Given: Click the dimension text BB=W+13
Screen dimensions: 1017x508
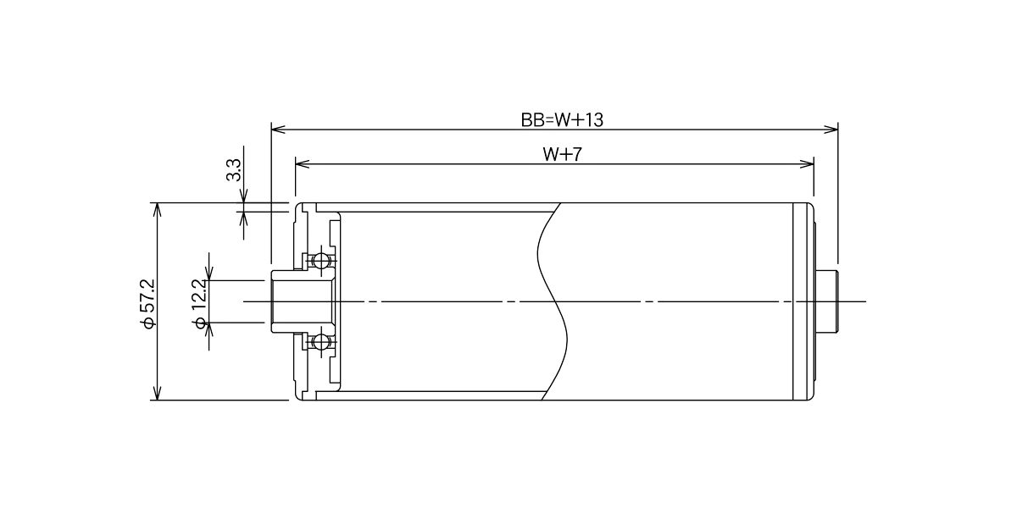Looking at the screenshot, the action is point(562,120).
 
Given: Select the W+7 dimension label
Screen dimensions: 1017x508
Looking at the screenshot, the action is point(562,155).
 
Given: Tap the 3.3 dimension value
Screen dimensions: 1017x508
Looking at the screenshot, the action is point(234,170).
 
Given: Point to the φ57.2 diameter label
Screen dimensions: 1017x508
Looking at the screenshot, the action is point(148,304).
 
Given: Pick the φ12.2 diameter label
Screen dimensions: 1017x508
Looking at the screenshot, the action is point(200,304).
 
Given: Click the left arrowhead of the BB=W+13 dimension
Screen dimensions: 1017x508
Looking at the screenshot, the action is point(278,130).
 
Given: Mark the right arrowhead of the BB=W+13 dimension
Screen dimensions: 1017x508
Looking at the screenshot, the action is point(831,130).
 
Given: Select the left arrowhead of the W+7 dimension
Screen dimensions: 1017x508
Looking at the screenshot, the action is point(302,164).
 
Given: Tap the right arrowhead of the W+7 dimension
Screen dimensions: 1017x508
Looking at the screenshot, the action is point(807,164).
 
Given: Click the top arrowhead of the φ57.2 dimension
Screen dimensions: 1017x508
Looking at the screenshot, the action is point(157,210).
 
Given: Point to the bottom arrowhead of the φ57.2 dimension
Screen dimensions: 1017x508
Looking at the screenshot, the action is point(157,393).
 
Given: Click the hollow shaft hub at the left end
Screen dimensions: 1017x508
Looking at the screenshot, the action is point(302,301).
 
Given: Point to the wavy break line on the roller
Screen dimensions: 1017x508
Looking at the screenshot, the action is point(553,301).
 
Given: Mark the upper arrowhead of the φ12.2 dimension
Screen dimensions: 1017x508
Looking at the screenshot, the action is point(209,273).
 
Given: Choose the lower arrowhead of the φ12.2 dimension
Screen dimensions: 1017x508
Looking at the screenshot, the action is point(209,329).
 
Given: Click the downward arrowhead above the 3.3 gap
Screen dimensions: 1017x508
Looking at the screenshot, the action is point(243,196).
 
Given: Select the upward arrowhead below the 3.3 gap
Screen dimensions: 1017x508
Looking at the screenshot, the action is point(243,218).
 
